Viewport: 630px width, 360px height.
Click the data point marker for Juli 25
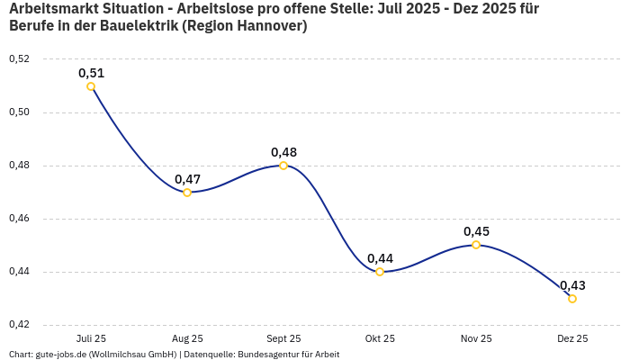point(91,86)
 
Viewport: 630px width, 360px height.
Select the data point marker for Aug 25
point(187,193)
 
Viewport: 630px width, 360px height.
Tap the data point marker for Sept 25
point(283,166)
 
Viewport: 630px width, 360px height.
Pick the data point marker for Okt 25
point(380,272)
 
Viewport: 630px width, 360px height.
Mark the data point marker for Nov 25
point(476,245)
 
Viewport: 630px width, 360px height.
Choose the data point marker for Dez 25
point(572,299)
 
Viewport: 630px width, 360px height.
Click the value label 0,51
point(91,73)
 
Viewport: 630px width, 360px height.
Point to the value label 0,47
point(187,179)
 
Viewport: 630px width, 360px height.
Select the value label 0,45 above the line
point(476,231)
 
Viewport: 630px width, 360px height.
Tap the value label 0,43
point(572,285)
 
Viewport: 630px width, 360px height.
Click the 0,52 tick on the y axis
point(19,59)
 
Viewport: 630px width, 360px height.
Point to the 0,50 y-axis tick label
point(19,112)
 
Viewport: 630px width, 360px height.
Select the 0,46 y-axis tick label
point(19,219)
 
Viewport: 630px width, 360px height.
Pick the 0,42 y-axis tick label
point(19,325)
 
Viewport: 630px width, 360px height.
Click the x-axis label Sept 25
point(283,339)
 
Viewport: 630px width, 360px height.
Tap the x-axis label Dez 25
point(572,339)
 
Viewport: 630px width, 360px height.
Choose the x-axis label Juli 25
point(91,339)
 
